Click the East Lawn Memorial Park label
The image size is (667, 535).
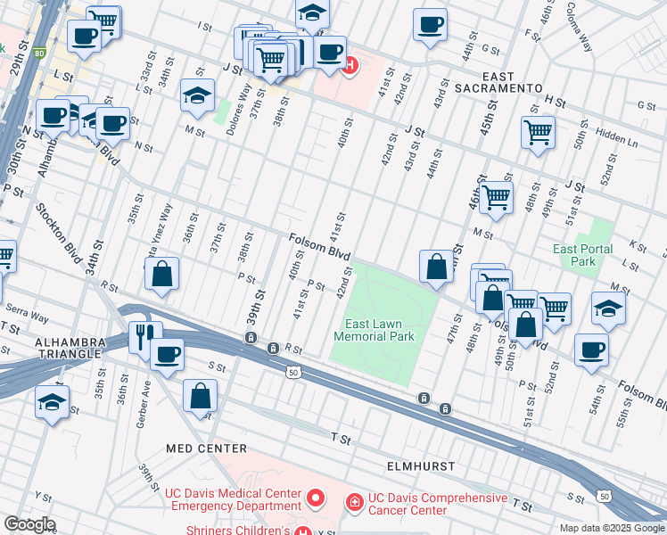(x=374, y=330)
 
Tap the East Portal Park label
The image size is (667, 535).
(x=582, y=255)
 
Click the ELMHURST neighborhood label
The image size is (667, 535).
(x=421, y=466)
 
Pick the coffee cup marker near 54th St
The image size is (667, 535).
(x=591, y=350)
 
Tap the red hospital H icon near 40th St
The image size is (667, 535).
(x=350, y=65)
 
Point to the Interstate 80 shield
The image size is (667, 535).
(x=38, y=53)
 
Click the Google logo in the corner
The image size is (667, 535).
(x=29, y=524)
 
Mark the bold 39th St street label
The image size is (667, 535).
(x=261, y=306)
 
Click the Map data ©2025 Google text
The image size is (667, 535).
(x=611, y=527)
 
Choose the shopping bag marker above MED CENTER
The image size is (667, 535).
(x=201, y=394)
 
